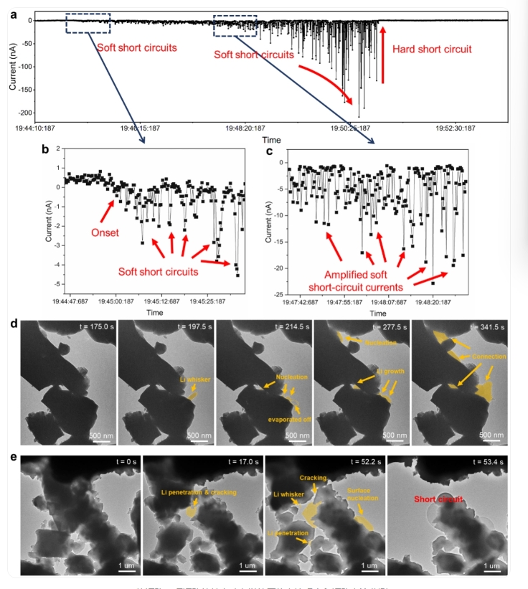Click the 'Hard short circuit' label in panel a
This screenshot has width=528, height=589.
pyautogui.click(x=432, y=50)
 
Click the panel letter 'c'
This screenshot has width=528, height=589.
pyautogui.click(x=269, y=151)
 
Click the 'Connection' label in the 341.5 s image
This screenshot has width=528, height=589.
pyautogui.click(x=488, y=356)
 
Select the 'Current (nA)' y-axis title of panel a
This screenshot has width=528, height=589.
pyautogui.click(x=12, y=65)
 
